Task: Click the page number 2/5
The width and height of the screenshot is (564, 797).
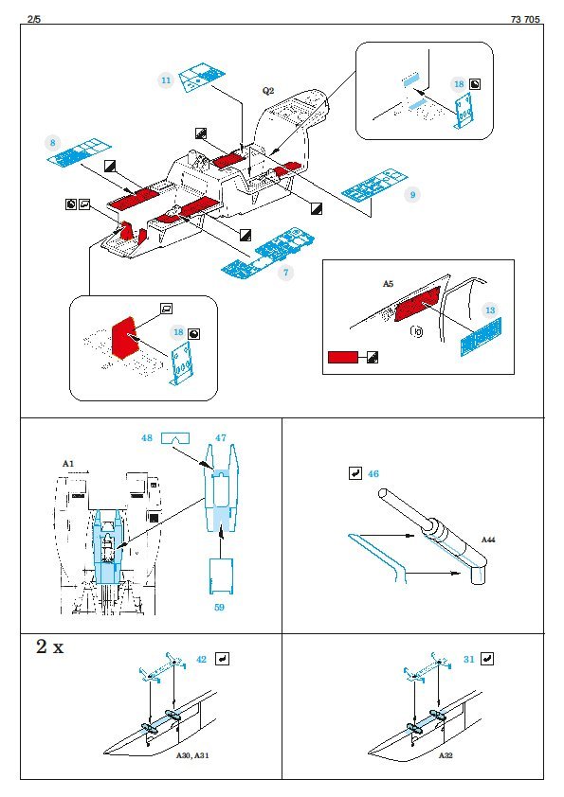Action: pyautogui.click(x=34, y=19)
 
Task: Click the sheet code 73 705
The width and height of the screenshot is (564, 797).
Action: pyautogui.click(x=525, y=19)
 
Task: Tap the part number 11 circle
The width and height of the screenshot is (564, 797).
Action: pyautogui.click(x=166, y=80)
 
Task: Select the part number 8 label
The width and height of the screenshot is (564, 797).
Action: pyautogui.click(x=52, y=143)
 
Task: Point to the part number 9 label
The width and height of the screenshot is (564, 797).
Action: pyautogui.click(x=412, y=195)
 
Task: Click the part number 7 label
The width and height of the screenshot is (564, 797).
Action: pyautogui.click(x=285, y=273)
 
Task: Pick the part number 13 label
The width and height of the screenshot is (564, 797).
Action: pyautogui.click(x=490, y=310)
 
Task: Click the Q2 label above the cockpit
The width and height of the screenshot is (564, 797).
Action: pyautogui.click(x=268, y=91)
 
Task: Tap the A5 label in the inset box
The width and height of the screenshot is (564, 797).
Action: pyautogui.click(x=388, y=284)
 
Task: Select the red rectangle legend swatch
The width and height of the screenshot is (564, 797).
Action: pyautogui.click(x=343, y=358)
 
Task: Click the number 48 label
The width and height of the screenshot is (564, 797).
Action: pyautogui.click(x=147, y=437)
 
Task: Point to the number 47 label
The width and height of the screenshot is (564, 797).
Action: pyautogui.click(x=221, y=437)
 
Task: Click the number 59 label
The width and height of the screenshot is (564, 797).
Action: pyautogui.click(x=219, y=607)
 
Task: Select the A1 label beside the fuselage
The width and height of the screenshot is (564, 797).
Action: pyautogui.click(x=68, y=464)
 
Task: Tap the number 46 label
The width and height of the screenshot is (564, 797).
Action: pyautogui.click(x=373, y=473)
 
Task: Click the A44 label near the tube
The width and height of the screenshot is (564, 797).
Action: pyautogui.click(x=488, y=540)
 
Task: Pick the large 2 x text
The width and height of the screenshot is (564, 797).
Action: pyautogui.click(x=50, y=646)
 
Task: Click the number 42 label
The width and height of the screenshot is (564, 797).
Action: pyautogui.click(x=202, y=659)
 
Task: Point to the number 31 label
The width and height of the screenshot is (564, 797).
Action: pyautogui.click(x=469, y=659)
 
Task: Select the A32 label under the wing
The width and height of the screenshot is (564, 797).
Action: pyautogui.click(x=446, y=756)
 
